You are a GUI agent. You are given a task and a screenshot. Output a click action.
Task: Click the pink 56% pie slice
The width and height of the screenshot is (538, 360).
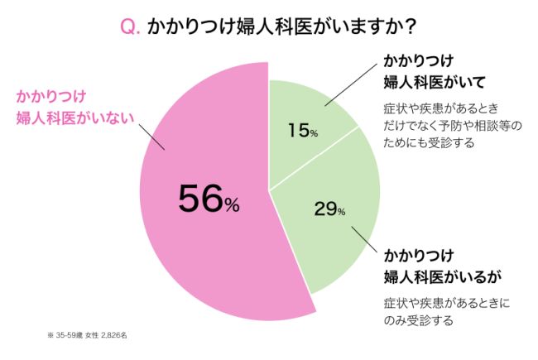coord(190,248)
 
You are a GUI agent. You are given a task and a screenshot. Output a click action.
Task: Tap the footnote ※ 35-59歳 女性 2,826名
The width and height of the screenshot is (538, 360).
coord(87,335)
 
